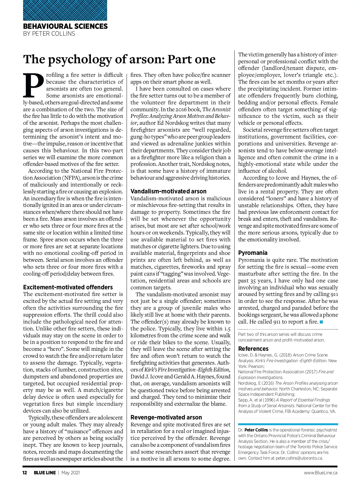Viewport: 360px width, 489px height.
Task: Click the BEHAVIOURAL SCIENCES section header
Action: (x=65, y=26)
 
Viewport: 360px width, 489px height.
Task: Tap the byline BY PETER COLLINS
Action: (x=49, y=34)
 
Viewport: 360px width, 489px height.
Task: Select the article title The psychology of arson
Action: (x=119, y=59)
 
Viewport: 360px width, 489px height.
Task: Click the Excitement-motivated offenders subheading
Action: (x=68, y=287)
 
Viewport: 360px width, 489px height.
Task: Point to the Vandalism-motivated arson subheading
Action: (x=168, y=191)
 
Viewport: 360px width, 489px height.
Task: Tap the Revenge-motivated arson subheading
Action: (x=166, y=417)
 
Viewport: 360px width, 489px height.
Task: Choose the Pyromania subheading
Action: (x=253, y=253)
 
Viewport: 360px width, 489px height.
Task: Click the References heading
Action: (x=253, y=349)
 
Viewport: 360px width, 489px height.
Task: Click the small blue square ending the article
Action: (x=322, y=322)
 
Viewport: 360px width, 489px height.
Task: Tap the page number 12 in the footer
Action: (x=25, y=473)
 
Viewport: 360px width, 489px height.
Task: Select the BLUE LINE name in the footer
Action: (x=44, y=473)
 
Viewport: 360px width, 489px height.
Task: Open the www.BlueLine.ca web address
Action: (x=320, y=473)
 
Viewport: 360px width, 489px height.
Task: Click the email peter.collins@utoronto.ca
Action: (x=299, y=458)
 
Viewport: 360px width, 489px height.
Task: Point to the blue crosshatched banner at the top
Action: (x=65, y=10)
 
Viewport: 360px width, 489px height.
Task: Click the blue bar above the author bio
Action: (x=288, y=424)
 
